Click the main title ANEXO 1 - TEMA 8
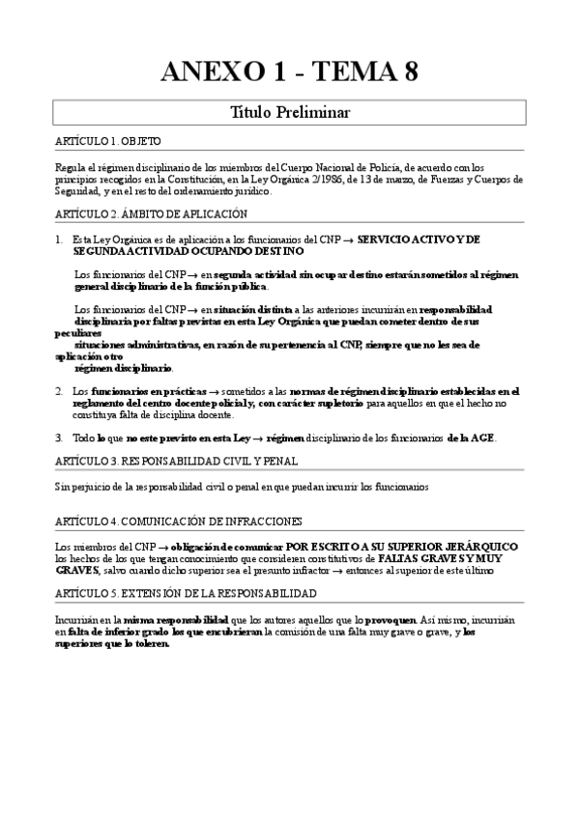[289, 71]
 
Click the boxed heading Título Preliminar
[289, 113]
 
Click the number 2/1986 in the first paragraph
[365, 178]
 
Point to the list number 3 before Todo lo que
[59, 438]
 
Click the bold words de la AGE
[471, 438]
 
